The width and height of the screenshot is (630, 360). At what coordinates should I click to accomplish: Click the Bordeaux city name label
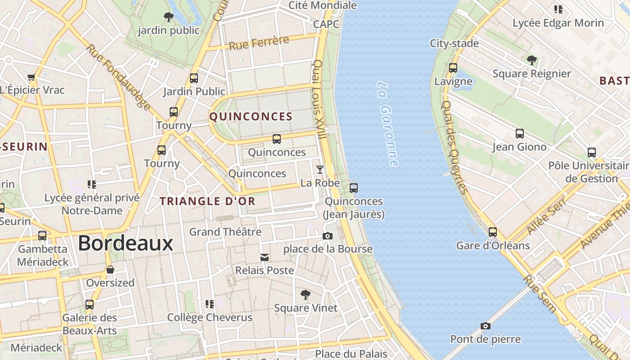(x=126, y=243)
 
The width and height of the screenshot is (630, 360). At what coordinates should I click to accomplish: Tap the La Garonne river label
(x=387, y=124)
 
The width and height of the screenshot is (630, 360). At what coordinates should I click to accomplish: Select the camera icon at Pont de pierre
(x=485, y=326)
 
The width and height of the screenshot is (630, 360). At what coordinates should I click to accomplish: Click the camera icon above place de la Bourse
(x=328, y=236)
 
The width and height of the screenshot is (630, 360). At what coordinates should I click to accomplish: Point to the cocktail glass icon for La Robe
(x=319, y=170)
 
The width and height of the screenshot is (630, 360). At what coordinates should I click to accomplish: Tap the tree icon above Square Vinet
(x=306, y=295)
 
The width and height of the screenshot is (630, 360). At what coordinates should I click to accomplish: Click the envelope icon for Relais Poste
(x=265, y=257)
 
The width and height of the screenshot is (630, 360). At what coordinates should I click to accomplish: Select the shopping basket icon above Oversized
(x=110, y=270)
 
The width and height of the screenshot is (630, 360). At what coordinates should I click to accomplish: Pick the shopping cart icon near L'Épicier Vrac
(x=31, y=77)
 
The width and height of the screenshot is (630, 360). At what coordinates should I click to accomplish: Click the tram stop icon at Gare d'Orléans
(x=493, y=232)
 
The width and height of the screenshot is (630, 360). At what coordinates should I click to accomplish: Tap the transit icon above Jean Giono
(x=519, y=134)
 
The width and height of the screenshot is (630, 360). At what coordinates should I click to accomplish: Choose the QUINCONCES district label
(x=251, y=117)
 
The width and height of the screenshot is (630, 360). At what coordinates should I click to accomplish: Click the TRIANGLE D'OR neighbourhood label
(x=208, y=202)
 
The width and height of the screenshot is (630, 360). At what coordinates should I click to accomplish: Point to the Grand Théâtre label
(x=225, y=232)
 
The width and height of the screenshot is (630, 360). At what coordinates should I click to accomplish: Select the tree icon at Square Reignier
(x=531, y=60)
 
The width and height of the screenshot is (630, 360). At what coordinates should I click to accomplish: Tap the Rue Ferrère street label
(x=259, y=43)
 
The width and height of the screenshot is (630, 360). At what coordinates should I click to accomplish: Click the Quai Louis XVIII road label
(x=320, y=99)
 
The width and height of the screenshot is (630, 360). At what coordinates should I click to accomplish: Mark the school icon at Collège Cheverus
(x=209, y=304)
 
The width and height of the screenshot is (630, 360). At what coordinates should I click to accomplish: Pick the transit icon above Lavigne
(x=453, y=68)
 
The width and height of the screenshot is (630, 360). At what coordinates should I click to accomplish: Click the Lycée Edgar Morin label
(x=558, y=22)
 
